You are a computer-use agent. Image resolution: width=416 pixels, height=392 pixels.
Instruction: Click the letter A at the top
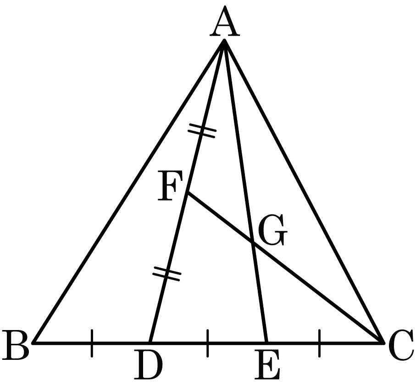pos(225,21)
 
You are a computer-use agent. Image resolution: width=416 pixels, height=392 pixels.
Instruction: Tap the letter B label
pos(15,345)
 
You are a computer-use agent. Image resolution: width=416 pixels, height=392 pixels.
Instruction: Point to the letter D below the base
pos(148,364)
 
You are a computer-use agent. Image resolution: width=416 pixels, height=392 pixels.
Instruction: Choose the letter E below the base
pos(266,364)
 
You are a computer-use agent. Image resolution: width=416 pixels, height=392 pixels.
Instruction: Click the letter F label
pos(170,185)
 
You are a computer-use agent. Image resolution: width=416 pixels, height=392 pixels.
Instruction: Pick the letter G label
pos(273,230)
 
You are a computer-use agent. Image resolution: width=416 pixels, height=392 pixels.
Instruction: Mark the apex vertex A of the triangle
pos(224,40)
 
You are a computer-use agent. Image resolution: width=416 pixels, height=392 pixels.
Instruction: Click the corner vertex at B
pos(33,343)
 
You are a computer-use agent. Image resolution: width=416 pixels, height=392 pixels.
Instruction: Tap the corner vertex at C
pos(383,343)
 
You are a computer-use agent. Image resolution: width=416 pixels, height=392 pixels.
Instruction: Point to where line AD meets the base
pos(150,343)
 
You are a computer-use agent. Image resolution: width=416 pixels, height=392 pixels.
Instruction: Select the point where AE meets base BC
pos(266,343)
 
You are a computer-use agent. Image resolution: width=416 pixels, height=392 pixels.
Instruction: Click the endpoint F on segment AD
pos(188,192)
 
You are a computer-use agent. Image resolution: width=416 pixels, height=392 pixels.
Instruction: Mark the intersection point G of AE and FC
pos(253,242)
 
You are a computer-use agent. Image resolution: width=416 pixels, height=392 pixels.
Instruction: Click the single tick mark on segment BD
pos(92,343)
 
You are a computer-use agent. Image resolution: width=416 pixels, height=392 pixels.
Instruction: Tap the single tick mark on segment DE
pos(208,343)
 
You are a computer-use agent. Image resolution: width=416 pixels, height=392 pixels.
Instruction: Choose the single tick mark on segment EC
pos(319,343)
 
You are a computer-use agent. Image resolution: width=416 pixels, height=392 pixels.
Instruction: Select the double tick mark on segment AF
pos(202,130)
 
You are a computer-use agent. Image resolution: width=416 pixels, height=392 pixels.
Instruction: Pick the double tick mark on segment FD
pos(167,274)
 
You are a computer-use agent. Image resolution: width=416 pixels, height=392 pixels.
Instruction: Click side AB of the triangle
pos(129,191)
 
